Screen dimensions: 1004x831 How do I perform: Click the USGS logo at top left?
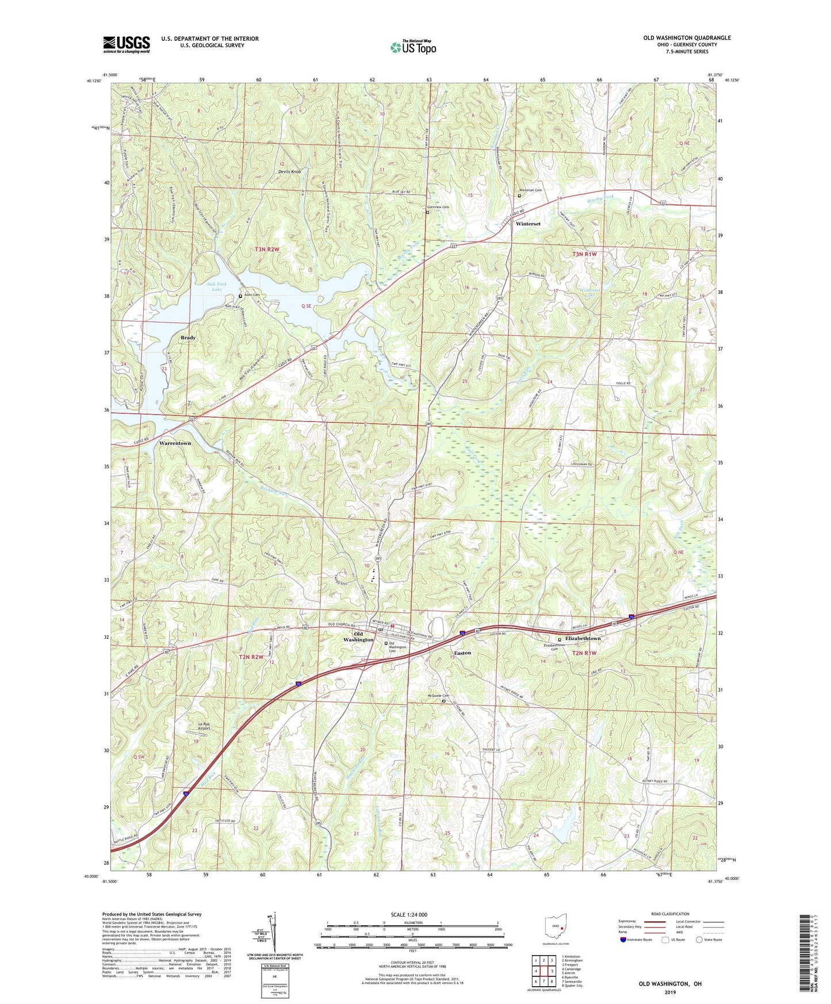(x=127, y=44)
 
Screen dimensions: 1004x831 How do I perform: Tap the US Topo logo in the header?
(x=412, y=47)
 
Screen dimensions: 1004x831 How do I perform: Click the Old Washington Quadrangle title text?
(x=687, y=38)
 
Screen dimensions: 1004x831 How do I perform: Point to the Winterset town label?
(x=527, y=224)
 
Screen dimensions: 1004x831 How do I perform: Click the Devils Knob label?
(x=289, y=172)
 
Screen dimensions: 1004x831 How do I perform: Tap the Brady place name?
(x=188, y=338)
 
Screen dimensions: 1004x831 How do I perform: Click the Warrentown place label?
(x=175, y=443)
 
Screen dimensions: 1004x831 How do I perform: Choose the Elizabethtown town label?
(x=583, y=638)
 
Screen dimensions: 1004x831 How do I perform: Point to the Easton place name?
(x=462, y=653)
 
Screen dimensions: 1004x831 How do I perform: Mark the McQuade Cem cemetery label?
(x=438, y=696)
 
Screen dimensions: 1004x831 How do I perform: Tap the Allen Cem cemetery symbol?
(x=240, y=296)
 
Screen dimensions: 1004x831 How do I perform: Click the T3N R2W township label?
(x=267, y=249)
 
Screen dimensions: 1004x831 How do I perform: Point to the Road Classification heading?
(x=670, y=914)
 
